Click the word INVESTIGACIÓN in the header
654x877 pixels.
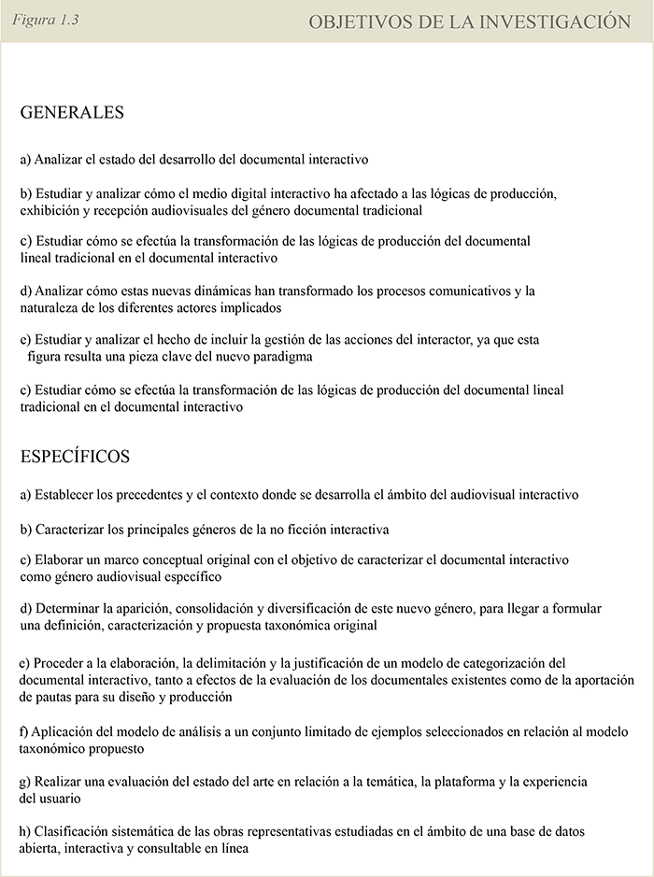click(555, 21)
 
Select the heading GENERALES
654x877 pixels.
click(72, 112)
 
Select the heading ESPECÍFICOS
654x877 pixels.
click(75, 457)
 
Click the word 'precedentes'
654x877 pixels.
click(141, 494)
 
